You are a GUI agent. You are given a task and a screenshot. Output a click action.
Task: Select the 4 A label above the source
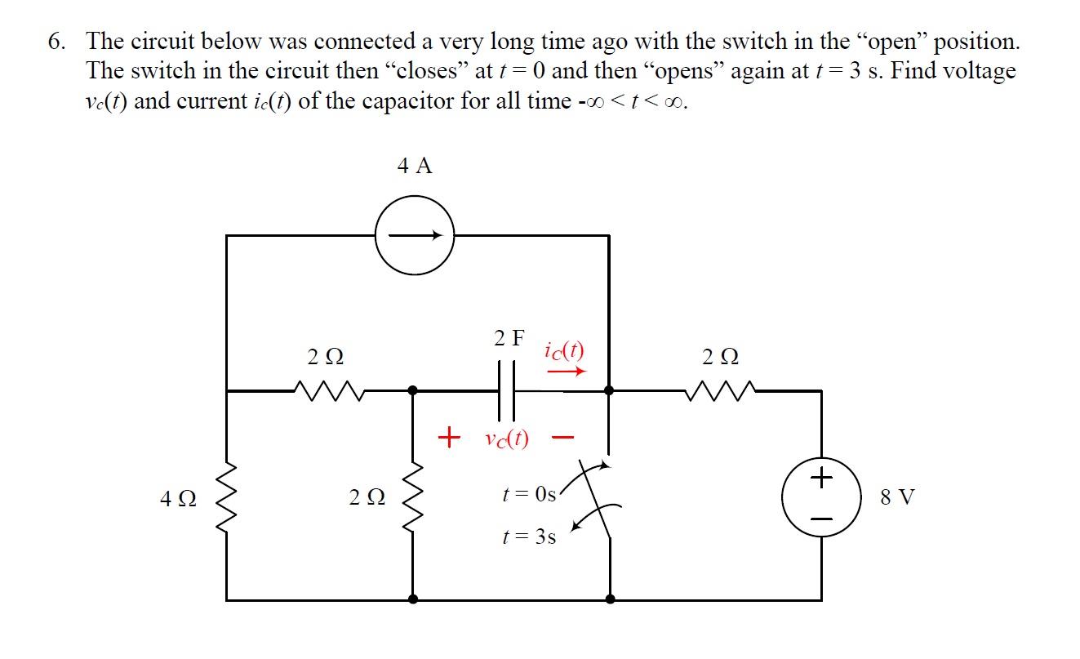tap(415, 167)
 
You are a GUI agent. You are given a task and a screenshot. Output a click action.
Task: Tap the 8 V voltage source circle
tap(821, 496)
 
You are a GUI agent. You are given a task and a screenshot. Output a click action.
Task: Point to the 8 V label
tap(898, 496)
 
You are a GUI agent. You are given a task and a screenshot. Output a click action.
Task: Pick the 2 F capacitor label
tap(509, 337)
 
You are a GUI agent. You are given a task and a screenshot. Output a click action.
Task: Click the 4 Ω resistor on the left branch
tap(226, 496)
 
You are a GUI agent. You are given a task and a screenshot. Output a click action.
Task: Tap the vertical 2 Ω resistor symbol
tap(413, 496)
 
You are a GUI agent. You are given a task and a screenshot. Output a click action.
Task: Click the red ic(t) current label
tap(564, 351)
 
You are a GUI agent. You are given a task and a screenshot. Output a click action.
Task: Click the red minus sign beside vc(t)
tap(559, 439)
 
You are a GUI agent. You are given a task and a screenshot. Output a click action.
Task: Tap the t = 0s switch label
tap(529, 495)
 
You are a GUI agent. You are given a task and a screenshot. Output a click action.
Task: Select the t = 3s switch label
tap(529, 537)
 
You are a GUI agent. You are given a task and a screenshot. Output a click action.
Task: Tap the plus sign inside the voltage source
tap(821, 474)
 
